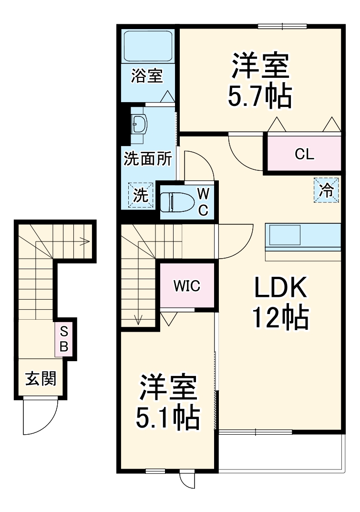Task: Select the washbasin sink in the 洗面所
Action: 139,125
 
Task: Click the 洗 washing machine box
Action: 141,195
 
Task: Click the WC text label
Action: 203,202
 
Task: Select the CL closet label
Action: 304,154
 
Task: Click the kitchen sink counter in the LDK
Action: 285,235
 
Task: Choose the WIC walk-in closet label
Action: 186,286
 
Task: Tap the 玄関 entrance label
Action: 41,379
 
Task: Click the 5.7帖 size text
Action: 260,96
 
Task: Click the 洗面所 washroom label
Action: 148,159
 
